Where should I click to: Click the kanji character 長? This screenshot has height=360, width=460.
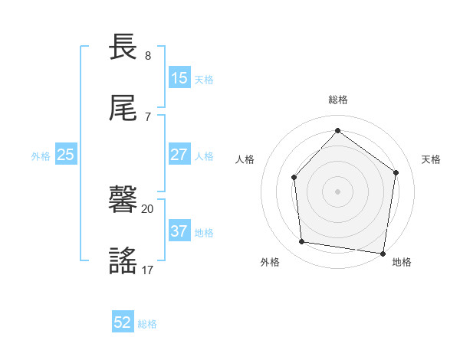click(123, 48)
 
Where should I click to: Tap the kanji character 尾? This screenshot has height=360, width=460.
click(123, 109)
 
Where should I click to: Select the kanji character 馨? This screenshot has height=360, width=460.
click(123, 201)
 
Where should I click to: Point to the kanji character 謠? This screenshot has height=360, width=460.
click(123, 261)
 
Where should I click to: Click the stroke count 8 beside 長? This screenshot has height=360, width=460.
click(148, 56)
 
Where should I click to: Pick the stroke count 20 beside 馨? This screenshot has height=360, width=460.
click(147, 208)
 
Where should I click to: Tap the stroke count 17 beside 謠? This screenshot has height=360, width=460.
click(148, 269)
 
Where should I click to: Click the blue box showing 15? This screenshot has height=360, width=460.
click(179, 78)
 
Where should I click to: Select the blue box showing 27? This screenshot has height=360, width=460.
click(179, 155)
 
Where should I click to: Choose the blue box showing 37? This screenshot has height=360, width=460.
click(179, 231)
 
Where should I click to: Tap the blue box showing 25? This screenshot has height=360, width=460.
click(65, 155)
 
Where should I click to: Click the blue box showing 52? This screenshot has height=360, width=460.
click(123, 322)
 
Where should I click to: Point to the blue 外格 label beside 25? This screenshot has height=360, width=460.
click(41, 156)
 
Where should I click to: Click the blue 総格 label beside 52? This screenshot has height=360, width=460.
click(147, 324)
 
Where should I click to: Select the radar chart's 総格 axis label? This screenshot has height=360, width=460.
click(338, 100)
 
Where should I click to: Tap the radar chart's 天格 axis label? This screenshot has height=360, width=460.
click(432, 159)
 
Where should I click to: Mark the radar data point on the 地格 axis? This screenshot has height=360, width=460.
click(383, 253)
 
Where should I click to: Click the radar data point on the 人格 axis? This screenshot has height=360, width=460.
click(294, 177)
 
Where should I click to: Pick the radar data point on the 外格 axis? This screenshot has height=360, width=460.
click(302, 242)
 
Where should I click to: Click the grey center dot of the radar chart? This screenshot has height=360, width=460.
click(337, 191)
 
